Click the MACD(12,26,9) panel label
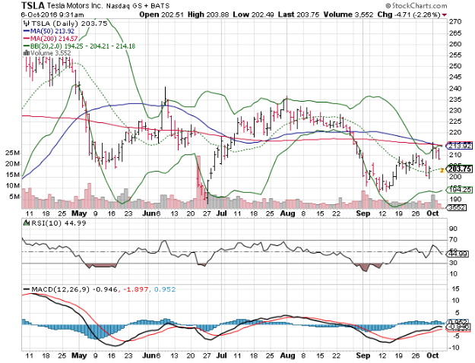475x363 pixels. [x=53, y=289]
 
